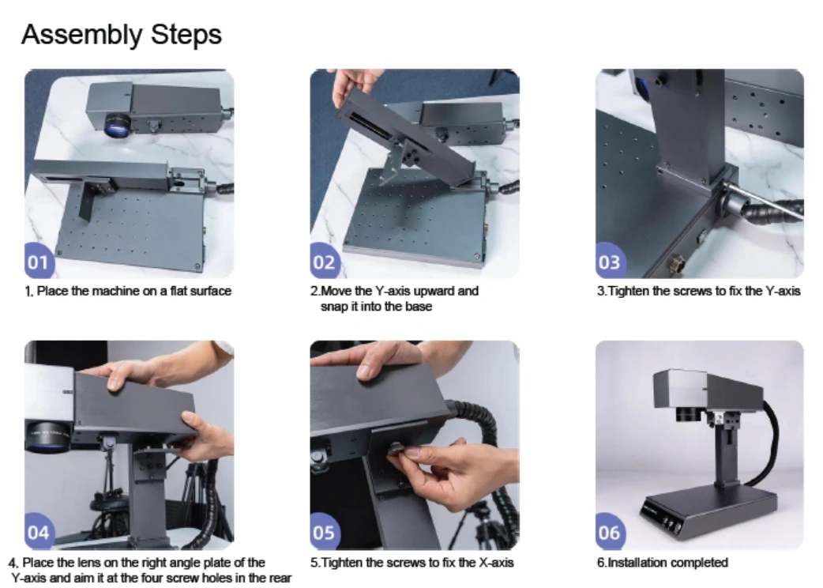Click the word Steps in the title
coord(186,35)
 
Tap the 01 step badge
coord(39,262)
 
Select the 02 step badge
coord(324,262)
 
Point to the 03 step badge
coord(610,262)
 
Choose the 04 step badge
coord(39,533)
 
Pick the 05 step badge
coord(324,533)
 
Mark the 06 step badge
coord(610,533)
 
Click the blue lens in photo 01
coord(117,126)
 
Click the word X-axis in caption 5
coord(496,563)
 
